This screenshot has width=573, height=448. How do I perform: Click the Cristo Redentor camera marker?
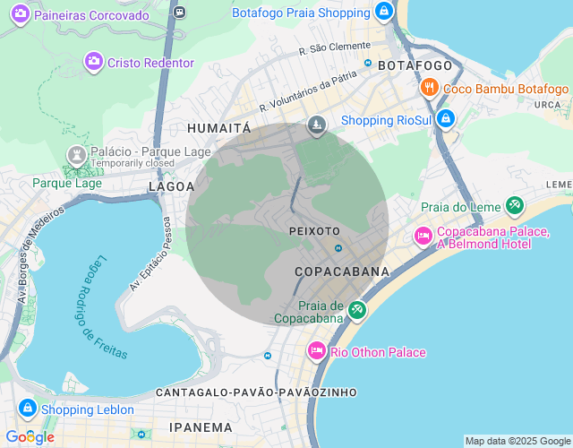[x=93, y=62]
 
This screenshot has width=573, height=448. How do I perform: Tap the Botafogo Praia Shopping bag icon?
[x=383, y=12]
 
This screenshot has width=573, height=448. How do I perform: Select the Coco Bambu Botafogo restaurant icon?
[x=430, y=88]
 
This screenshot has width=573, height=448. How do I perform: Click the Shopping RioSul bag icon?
[x=447, y=119]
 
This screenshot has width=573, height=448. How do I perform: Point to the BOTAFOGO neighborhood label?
[x=415, y=66]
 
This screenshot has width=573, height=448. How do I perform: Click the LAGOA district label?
[x=171, y=186]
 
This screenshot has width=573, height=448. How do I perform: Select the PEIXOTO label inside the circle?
[x=314, y=231]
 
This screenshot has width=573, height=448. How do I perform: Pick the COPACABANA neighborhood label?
[x=342, y=271]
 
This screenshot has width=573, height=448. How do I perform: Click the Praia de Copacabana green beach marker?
[x=357, y=310]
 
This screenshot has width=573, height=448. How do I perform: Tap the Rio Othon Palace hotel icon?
[x=316, y=351]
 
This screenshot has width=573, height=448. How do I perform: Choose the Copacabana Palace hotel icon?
[x=423, y=237]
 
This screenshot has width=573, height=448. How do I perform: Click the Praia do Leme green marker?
[x=514, y=207]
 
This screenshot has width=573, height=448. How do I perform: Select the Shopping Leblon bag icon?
[x=27, y=409]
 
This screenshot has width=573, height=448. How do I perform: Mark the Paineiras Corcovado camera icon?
[x=19, y=14]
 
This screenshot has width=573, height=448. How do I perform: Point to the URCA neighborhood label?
[x=546, y=105]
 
